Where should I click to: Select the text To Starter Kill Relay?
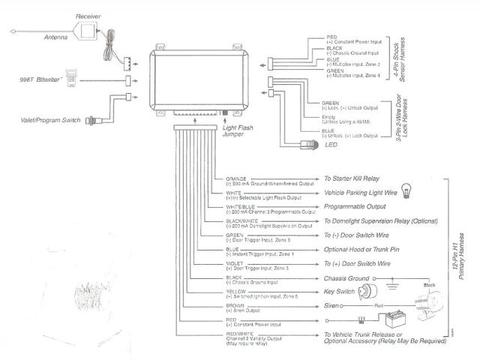tap(357, 179)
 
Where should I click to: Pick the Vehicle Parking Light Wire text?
tap(361, 193)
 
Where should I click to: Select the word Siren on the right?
tap(331, 306)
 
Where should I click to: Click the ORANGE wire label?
tap(235, 179)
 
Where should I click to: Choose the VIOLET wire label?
tap(234, 264)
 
